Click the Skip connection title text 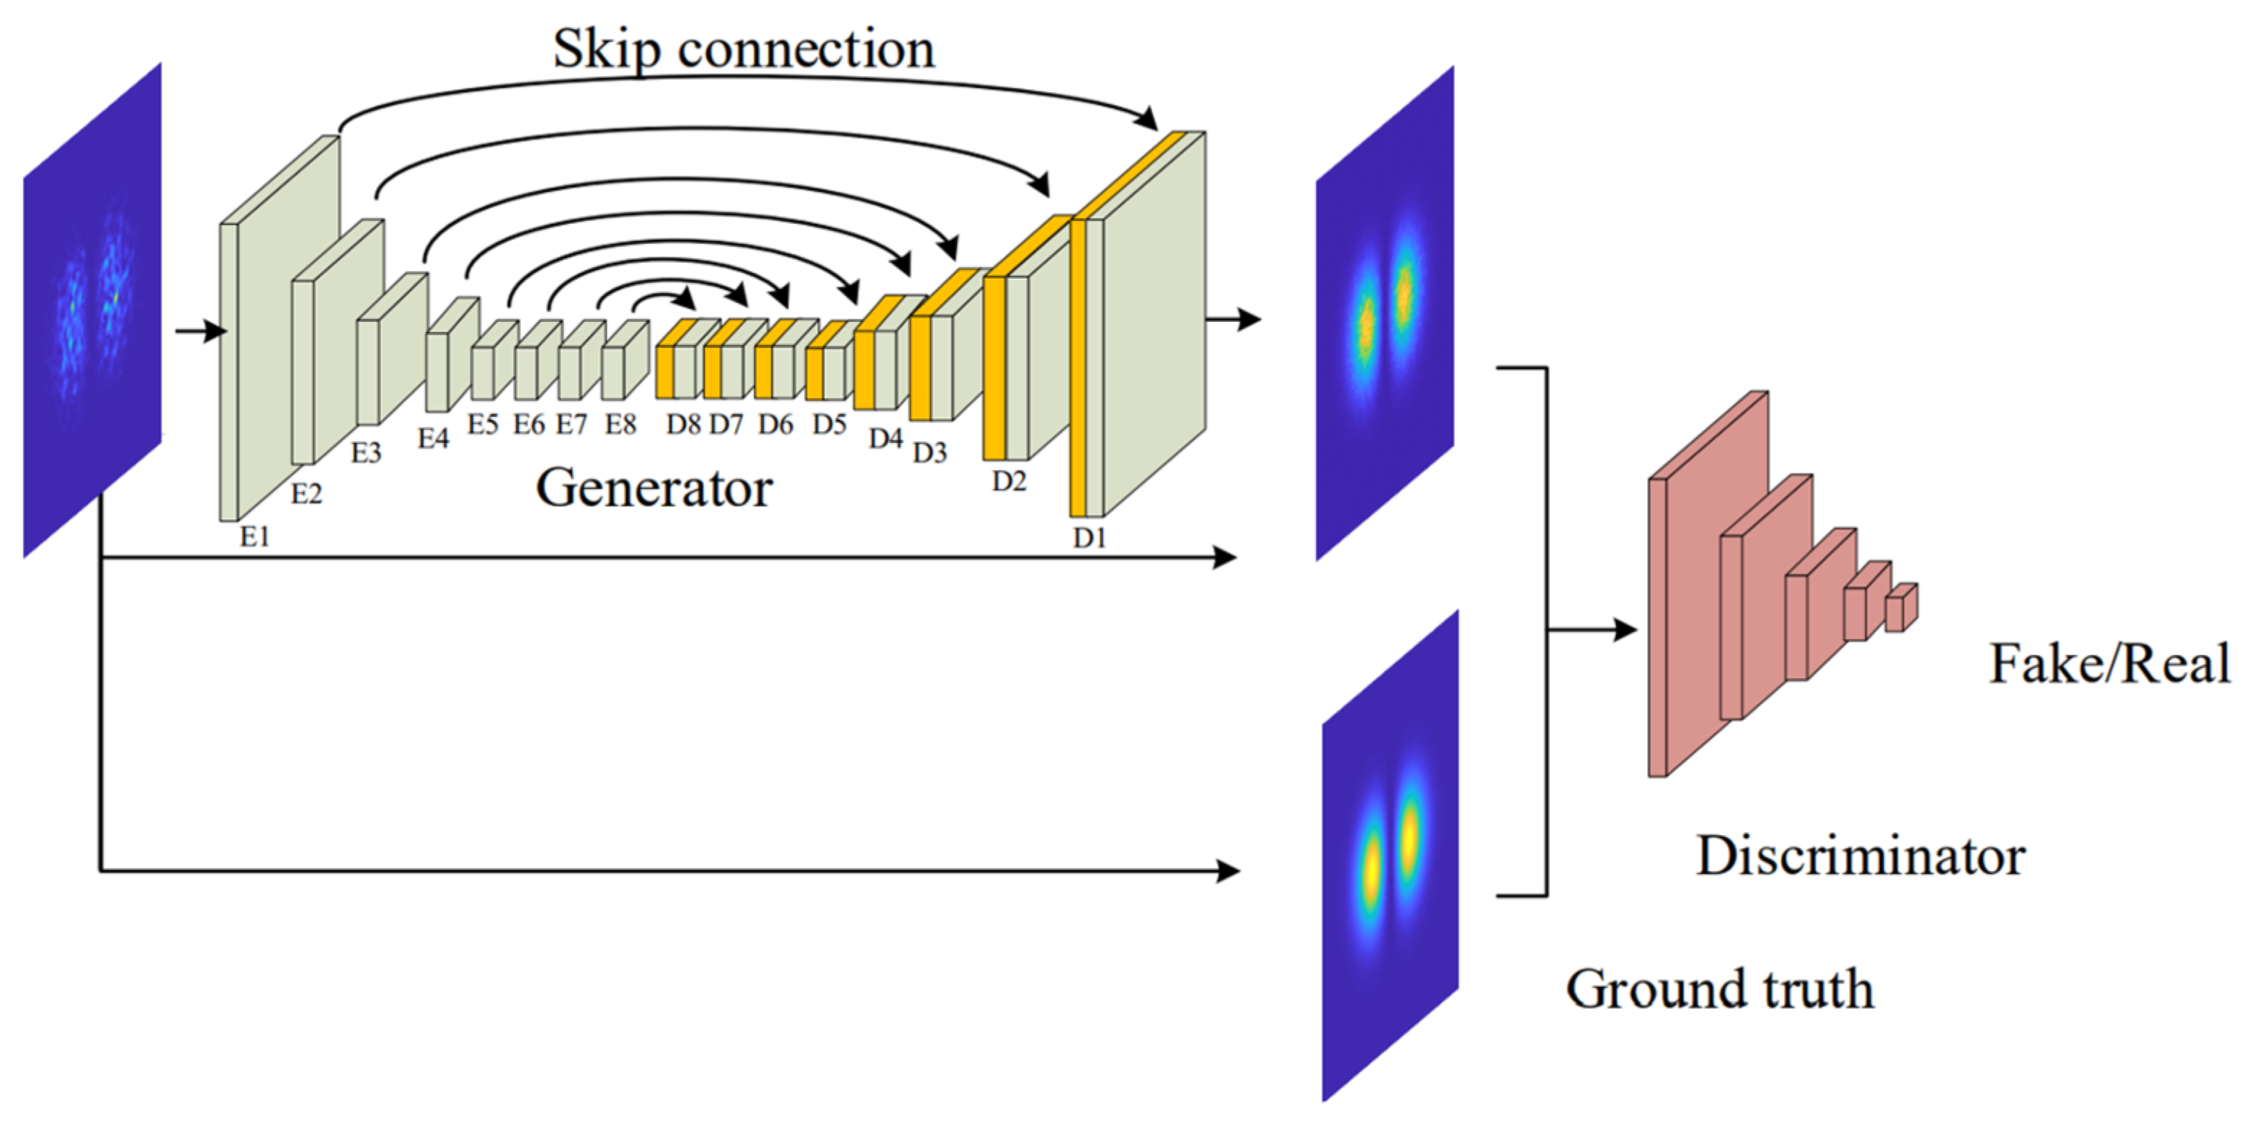pos(744,49)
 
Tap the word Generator pos(654,487)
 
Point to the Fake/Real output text pos(2109,664)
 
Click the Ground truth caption pos(1720,989)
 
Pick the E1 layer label pos(255,537)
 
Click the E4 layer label pos(433,438)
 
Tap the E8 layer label pos(621,425)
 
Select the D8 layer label pos(684,425)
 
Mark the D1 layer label pos(1089,539)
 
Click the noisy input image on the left pos(92,310)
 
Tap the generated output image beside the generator pos(1384,313)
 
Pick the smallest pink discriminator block pos(1901,608)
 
